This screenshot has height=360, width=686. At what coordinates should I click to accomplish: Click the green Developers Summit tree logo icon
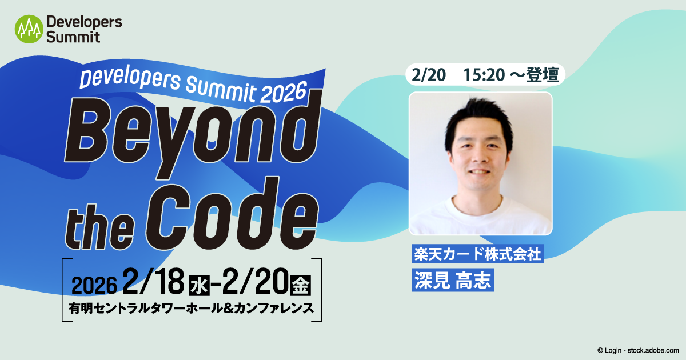pos(29,29)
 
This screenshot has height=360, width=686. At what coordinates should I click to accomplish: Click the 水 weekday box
pos(197,283)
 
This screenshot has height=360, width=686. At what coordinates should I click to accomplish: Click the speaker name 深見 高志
pos(452,280)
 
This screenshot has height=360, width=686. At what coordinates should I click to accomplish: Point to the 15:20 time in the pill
pos(484,74)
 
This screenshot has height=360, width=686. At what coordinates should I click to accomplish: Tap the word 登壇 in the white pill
pos(543,74)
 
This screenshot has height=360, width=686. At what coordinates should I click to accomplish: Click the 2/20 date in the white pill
pos(426,74)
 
